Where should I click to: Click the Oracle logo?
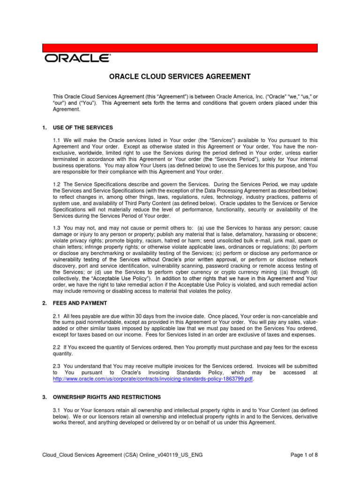78,58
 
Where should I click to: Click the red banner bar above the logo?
180,48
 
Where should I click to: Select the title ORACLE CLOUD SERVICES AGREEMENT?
180,76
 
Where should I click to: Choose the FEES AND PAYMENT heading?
80,303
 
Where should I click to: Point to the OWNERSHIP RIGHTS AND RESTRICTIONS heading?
107,397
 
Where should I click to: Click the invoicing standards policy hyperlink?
153,379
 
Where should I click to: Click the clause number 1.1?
57,140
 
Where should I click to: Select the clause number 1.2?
57,185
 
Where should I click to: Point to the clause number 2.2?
57,347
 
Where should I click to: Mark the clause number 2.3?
57,366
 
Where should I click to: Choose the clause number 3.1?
57,410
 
